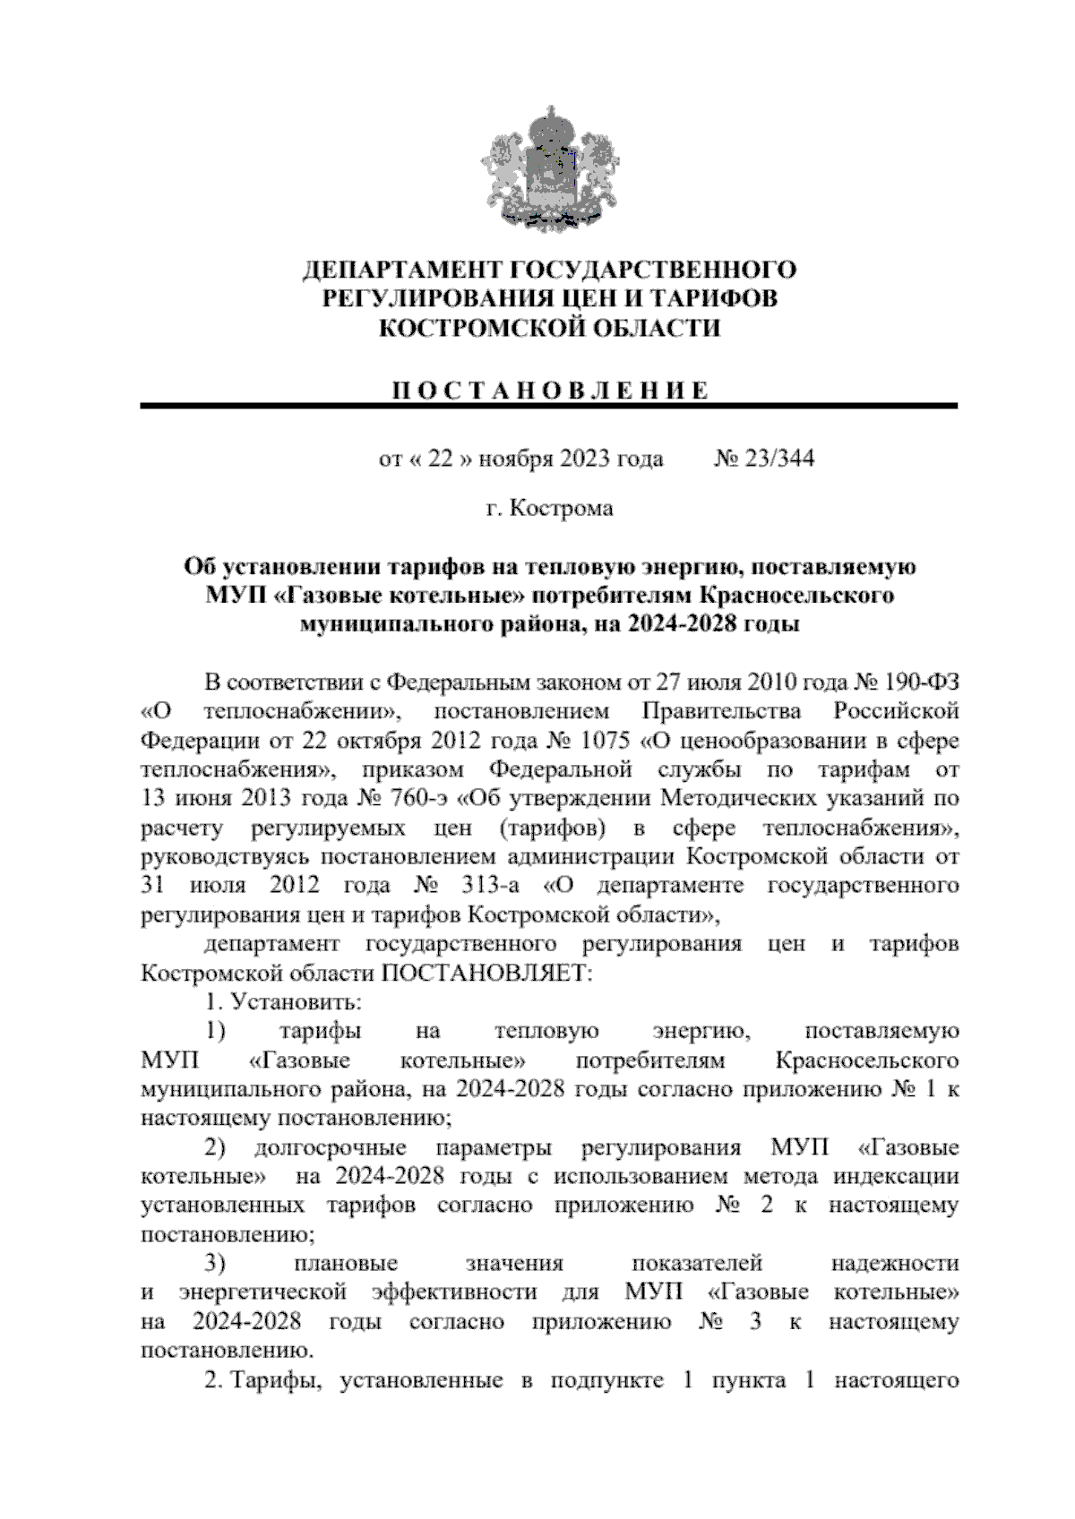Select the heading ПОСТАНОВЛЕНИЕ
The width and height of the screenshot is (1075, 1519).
[x=550, y=390]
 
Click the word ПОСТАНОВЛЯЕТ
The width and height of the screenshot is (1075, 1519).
[x=487, y=973]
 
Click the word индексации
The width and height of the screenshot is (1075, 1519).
[x=900, y=1177]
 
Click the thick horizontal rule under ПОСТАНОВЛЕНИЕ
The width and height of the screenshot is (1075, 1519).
[x=548, y=408]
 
